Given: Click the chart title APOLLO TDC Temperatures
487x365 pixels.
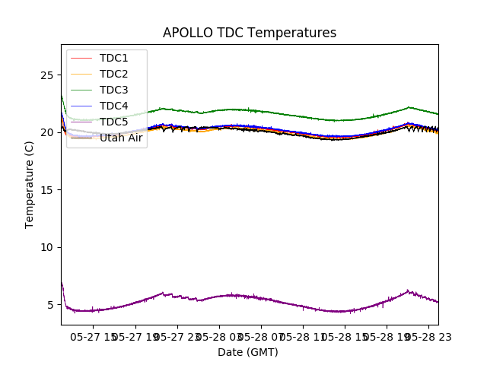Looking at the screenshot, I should [250, 33].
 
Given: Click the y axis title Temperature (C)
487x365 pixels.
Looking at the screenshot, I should [30, 184].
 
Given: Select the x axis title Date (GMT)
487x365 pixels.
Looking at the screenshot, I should [248, 352].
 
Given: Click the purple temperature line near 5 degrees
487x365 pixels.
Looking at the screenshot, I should [228, 295].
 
